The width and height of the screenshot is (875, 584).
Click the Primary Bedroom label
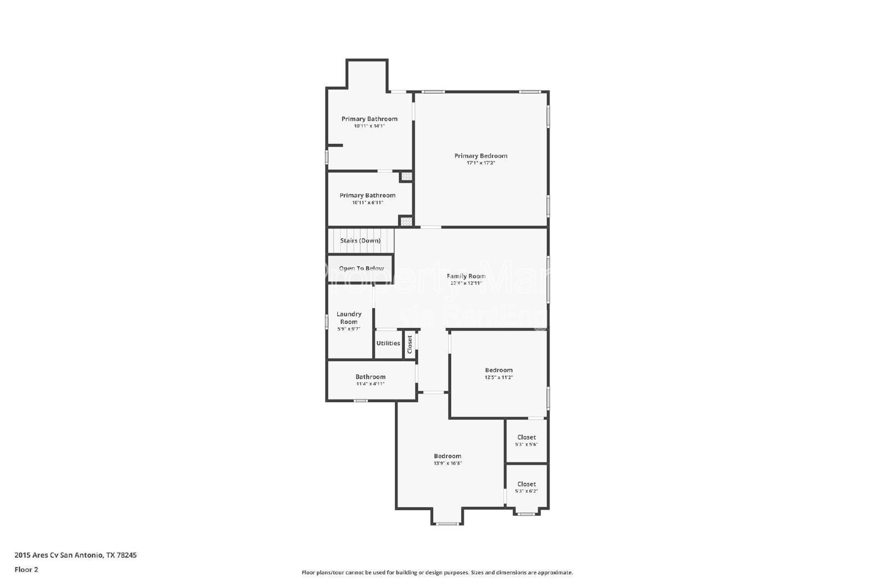[x=481, y=156]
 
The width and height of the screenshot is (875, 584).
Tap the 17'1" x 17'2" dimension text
[x=481, y=163]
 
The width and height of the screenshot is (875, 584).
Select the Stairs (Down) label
[x=360, y=241]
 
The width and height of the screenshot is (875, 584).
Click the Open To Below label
[x=361, y=269]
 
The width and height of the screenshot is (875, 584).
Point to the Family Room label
[x=466, y=276]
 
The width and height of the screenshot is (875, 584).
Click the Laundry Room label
[x=349, y=318]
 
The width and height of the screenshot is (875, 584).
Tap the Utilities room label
[x=388, y=343]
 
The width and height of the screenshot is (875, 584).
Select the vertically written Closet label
[x=410, y=344]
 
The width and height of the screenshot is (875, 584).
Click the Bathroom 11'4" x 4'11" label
[x=370, y=377]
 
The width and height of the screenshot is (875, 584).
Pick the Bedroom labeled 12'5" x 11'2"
[x=499, y=371]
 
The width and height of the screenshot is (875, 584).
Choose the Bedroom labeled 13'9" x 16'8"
[x=447, y=456]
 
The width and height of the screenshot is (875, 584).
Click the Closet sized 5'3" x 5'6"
[x=526, y=437]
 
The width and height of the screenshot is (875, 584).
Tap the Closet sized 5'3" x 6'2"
[x=526, y=484]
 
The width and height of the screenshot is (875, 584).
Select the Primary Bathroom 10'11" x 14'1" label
[x=369, y=119]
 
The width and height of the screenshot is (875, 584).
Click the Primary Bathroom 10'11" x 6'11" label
[x=367, y=195]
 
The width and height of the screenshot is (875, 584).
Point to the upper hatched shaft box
[x=406, y=177]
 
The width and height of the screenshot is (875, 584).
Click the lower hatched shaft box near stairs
[x=406, y=222]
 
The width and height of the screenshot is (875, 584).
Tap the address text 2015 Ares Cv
[x=75, y=555]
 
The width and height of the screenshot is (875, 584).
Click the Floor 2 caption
[x=26, y=570]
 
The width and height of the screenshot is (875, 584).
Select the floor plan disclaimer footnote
[x=437, y=573]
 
